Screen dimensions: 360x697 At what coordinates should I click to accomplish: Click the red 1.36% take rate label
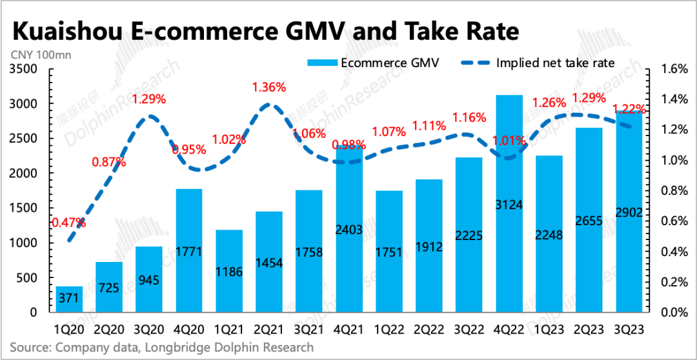[269, 87]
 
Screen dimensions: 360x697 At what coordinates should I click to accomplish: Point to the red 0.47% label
[69, 223]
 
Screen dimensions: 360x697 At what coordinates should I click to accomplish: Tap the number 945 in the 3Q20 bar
[149, 281]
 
